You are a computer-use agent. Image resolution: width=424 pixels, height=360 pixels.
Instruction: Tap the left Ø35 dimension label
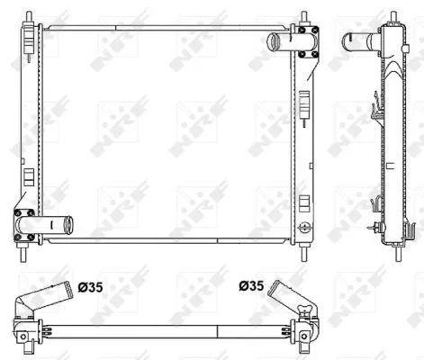[x=89, y=288]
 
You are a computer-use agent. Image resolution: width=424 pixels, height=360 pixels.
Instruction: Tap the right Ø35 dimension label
[x=252, y=288]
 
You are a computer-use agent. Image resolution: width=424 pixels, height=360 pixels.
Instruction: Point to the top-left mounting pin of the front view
[x=30, y=17]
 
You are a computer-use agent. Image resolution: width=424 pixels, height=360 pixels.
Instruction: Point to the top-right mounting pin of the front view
[x=305, y=17]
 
